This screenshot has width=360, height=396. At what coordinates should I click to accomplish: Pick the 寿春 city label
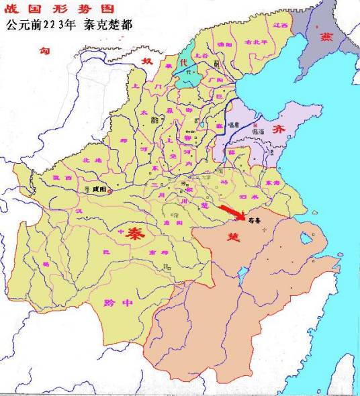click(x=255, y=219)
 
